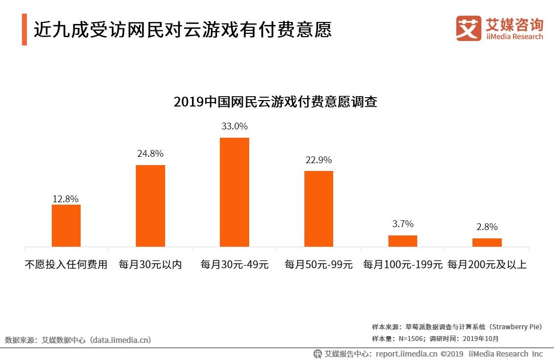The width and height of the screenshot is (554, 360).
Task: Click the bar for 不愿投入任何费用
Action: coord(66,225)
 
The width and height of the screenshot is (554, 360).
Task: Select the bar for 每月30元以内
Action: coord(150,206)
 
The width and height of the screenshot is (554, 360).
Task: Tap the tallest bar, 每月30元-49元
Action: coord(234,192)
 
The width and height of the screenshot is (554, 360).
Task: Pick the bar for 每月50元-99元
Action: coord(319,209)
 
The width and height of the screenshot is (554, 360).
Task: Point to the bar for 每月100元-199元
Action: coord(403,241)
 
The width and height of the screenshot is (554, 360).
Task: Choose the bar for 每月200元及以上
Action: coord(487,242)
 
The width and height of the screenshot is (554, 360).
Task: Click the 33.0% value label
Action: coord(234,126)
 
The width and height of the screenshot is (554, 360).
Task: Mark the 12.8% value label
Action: coord(65,199)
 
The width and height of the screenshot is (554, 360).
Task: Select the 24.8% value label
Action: coord(150,153)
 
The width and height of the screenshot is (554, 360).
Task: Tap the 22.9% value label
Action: coord(319,160)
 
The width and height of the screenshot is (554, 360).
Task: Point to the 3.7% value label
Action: coord(403,224)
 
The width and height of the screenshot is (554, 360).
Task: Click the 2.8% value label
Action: coord(487,227)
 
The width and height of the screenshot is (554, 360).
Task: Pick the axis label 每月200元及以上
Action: coord(487,265)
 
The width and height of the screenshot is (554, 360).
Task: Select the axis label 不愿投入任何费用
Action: coord(66,265)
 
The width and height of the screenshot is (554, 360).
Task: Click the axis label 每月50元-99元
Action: coord(319,265)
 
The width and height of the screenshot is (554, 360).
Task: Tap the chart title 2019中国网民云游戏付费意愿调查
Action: coord(275,102)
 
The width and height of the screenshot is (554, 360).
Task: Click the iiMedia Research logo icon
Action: coord(468,28)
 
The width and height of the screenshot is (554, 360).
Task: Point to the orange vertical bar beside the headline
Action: coord(24,30)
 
